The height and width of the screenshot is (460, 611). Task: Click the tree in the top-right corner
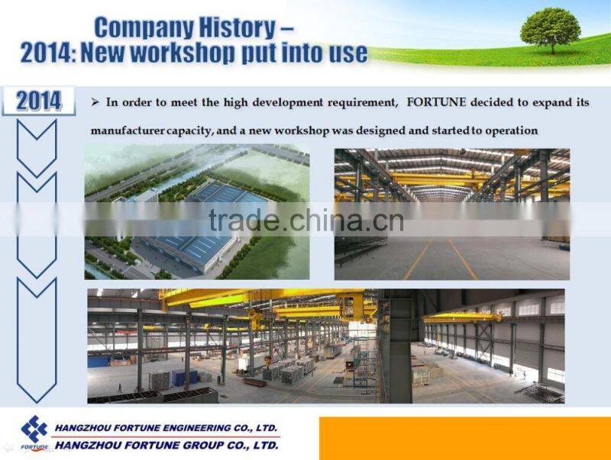[x=550, y=29]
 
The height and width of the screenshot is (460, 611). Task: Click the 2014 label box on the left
[x=39, y=101]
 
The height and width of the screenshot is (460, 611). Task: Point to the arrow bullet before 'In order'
[x=95, y=101]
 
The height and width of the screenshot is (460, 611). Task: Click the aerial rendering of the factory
[x=197, y=212]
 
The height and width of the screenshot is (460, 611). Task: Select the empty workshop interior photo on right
[x=452, y=214]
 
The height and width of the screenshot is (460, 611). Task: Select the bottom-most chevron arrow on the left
[x=37, y=339]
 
